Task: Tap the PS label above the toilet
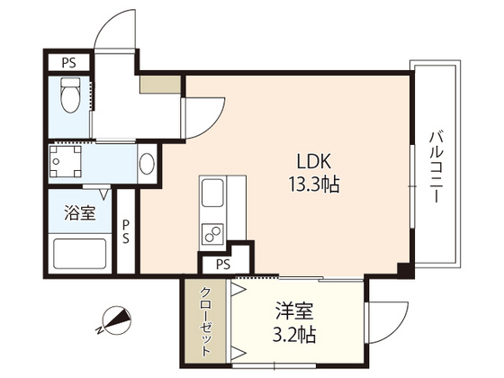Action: click(68, 63)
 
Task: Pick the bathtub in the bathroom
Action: click(79, 253)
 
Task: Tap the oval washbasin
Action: click(147, 165)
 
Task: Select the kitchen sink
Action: click(214, 193)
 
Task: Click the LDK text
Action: click(316, 163)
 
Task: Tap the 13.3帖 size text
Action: click(315, 186)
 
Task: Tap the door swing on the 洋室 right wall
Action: click(382, 315)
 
